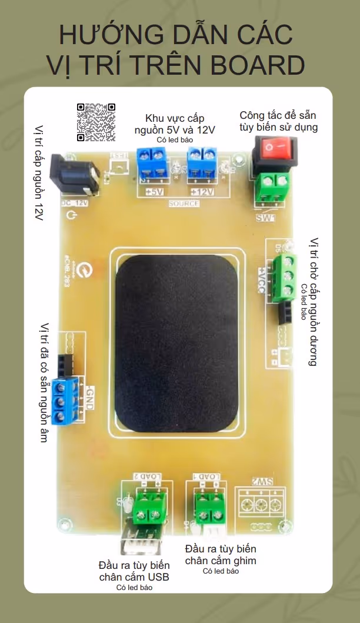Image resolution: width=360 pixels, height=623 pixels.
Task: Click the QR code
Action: (x=95, y=122)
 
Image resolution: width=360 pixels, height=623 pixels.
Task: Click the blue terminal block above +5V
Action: (x=152, y=163)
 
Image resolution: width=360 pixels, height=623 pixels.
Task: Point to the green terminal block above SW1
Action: (x=274, y=187)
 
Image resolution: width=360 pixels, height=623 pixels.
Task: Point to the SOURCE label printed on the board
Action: (x=184, y=204)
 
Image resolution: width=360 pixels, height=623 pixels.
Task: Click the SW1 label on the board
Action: (x=266, y=218)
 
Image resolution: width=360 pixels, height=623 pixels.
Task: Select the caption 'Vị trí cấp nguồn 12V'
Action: (x=39, y=173)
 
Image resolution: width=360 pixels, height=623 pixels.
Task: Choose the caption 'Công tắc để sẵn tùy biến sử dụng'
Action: (x=278, y=121)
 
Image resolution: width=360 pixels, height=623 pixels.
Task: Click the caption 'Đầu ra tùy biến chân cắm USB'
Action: (x=134, y=571)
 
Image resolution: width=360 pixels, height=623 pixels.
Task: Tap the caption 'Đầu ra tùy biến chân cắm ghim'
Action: (x=221, y=554)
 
